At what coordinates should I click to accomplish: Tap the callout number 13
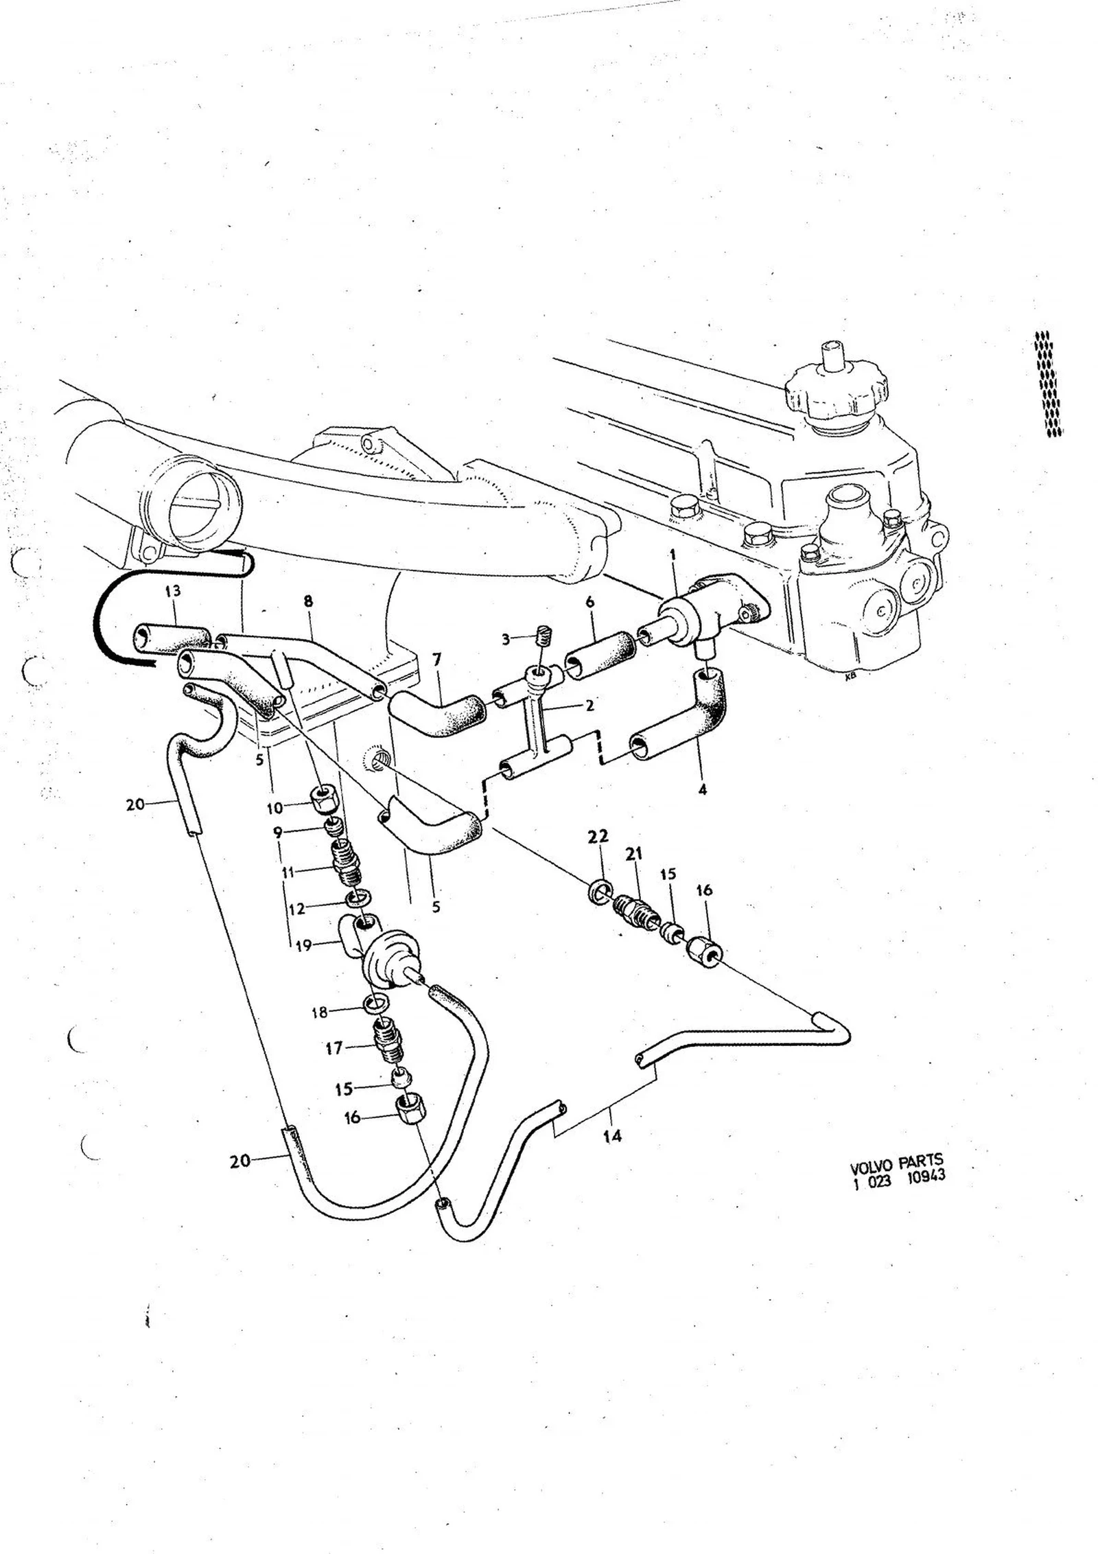coord(173,591)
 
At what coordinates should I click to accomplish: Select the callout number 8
coord(308,601)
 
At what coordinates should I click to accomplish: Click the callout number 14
coord(612,1136)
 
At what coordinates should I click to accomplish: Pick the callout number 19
coord(303,946)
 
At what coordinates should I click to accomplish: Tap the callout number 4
coord(702,790)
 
